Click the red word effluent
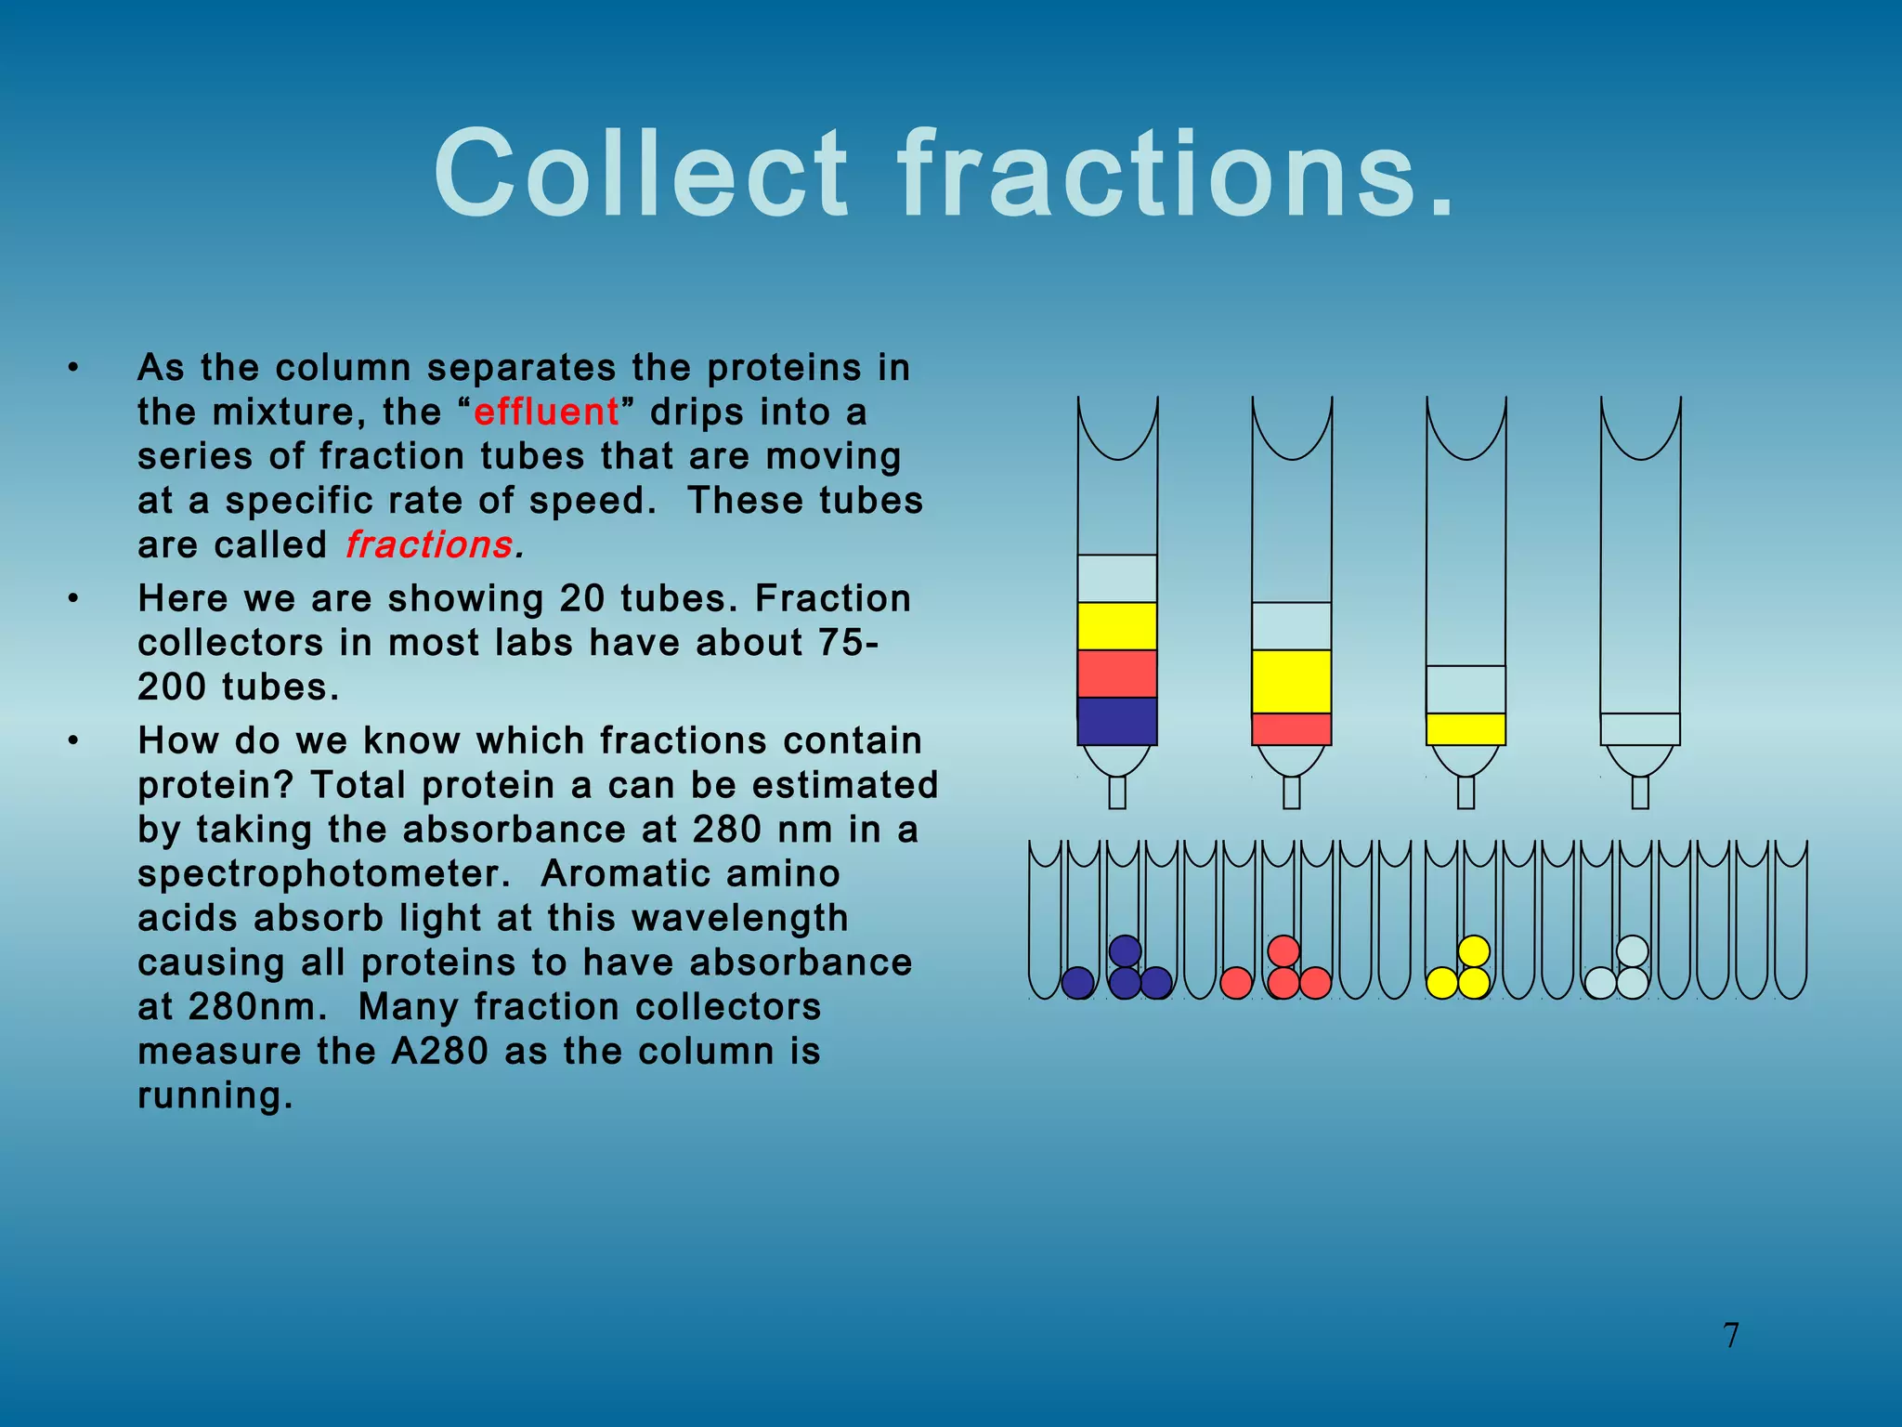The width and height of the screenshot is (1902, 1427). (x=546, y=412)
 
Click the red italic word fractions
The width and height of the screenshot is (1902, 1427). (x=428, y=545)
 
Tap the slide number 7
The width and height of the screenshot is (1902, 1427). (x=1731, y=1336)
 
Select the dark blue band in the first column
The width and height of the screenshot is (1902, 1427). (x=1117, y=721)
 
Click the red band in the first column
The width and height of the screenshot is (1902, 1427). (x=1117, y=674)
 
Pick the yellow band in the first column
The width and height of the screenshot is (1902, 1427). (x=1117, y=626)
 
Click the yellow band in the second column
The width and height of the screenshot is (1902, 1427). (x=1291, y=682)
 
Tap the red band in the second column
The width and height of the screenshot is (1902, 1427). (x=1291, y=729)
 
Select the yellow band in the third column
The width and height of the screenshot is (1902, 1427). (x=1466, y=729)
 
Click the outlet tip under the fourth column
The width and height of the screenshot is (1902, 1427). (x=1640, y=792)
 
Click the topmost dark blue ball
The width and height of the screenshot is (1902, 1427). (x=1125, y=951)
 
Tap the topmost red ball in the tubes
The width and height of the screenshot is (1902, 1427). (x=1283, y=951)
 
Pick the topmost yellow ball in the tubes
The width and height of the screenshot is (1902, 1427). (x=1474, y=951)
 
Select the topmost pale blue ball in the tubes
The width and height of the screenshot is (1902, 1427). (x=1632, y=951)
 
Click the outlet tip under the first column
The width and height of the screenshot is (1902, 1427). (x=1117, y=792)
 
